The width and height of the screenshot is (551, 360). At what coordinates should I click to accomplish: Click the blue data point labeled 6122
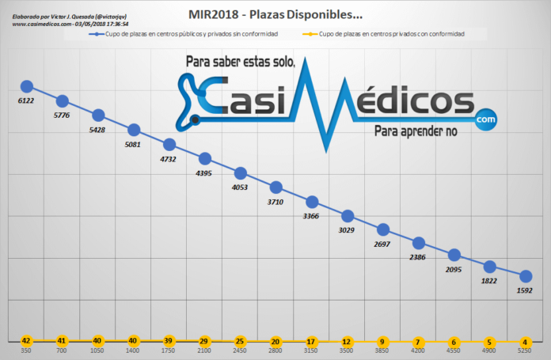(x=26, y=86)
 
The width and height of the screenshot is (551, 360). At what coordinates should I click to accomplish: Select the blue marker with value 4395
(x=205, y=159)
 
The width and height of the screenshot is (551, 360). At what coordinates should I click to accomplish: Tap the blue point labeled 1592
(x=524, y=275)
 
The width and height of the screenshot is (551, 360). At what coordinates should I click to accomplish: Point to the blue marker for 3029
(x=347, y=216)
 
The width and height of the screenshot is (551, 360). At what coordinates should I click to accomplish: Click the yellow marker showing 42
(x=26, y=341)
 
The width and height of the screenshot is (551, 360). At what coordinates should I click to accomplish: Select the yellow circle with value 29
(x=205, y=341)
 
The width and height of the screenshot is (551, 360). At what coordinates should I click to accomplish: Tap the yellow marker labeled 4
(x=524, y=341)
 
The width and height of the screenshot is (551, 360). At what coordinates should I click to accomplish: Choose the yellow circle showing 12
(x=347, y=341)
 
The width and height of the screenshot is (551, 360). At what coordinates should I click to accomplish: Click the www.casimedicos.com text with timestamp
(x=70, y=24)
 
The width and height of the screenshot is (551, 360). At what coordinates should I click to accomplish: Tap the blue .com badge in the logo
(x=484, y=119)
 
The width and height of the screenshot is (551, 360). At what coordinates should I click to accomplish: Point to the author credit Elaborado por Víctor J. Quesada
(x=70, y=14)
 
